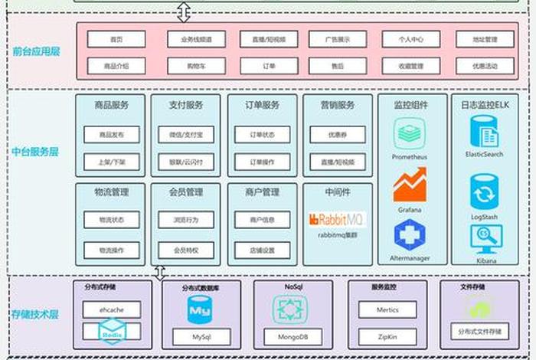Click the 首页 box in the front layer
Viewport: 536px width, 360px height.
pyautogui.click(x=116, y=39)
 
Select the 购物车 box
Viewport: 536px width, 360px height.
pyautogui.click(x=191, y=67)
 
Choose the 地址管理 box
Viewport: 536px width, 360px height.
pyautogui.click(x=485, y=39)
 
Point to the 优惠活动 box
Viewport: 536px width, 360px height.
pyautogui.click(x=485, y=67)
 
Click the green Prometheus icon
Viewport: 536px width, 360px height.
pyautogui.click(x=410, y=134)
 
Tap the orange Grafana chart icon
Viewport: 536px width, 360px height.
pyautogui.click(x=410, y=186)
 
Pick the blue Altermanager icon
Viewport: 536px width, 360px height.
pyautogui.click(x=410, y=235)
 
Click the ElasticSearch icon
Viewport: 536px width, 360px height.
pyautogui.click(x=484, y=132)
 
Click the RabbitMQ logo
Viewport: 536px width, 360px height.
pyautogui.click(x=338, y=220)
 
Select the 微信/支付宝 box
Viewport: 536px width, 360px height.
pyautogui.click(x=186, y=135)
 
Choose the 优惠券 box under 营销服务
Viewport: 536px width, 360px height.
pyautogui.click(x=338, y=135)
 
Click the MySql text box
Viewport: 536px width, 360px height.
pyautogui.click(x=201, y=335)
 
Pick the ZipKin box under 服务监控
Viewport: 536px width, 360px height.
pyautogui.click(x=387, y=335)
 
